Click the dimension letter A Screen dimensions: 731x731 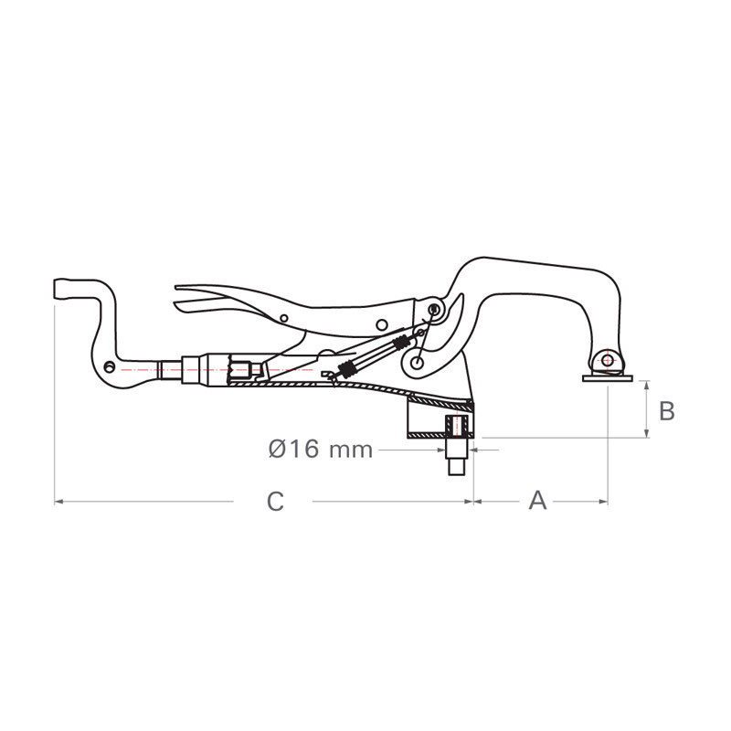(x=537, y=501)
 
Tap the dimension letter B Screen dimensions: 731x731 (x=667, y=411)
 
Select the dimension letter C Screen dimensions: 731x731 (x=275, y=502)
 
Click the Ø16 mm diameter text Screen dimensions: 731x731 (x=321, y=449)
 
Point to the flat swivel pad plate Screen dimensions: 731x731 (x=608, y=378)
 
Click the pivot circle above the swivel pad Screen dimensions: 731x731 (x=608, y=360)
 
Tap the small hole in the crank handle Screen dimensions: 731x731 (x=109, y=367)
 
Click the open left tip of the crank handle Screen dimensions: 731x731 (x=56, y=288)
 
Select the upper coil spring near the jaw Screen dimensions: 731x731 (x=400, y=343)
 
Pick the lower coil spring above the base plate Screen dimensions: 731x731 (x=346, y=369)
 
